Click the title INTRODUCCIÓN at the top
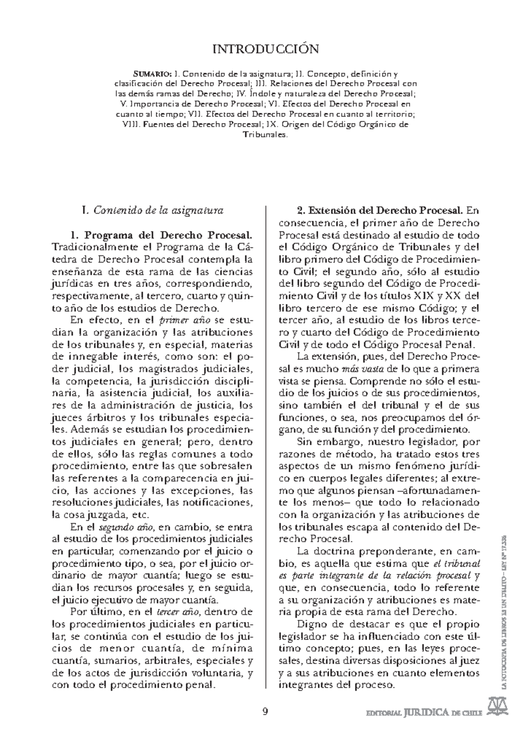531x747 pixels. click(x=265, y=49)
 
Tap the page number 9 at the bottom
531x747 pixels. click(x=265, y=712)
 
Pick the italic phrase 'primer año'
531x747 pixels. click(x=180, y=320)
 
